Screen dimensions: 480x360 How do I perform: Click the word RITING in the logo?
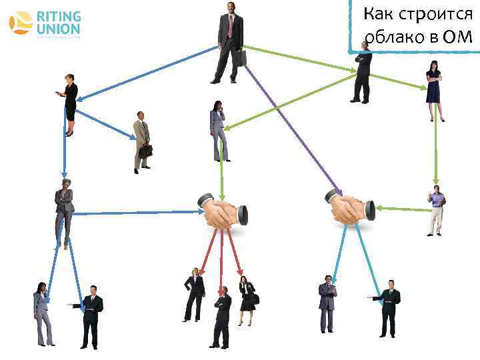(59, 17)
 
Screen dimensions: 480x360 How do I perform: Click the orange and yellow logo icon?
(21, 23)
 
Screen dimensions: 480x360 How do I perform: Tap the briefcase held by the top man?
(239, 58)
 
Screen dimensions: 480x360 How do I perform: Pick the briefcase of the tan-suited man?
(146, 151)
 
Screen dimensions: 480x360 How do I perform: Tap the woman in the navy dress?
(434, 90)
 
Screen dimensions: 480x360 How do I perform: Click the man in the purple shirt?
(436, 211)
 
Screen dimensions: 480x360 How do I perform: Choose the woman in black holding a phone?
(70, 104)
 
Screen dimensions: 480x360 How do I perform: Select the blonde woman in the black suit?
(194, 294)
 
